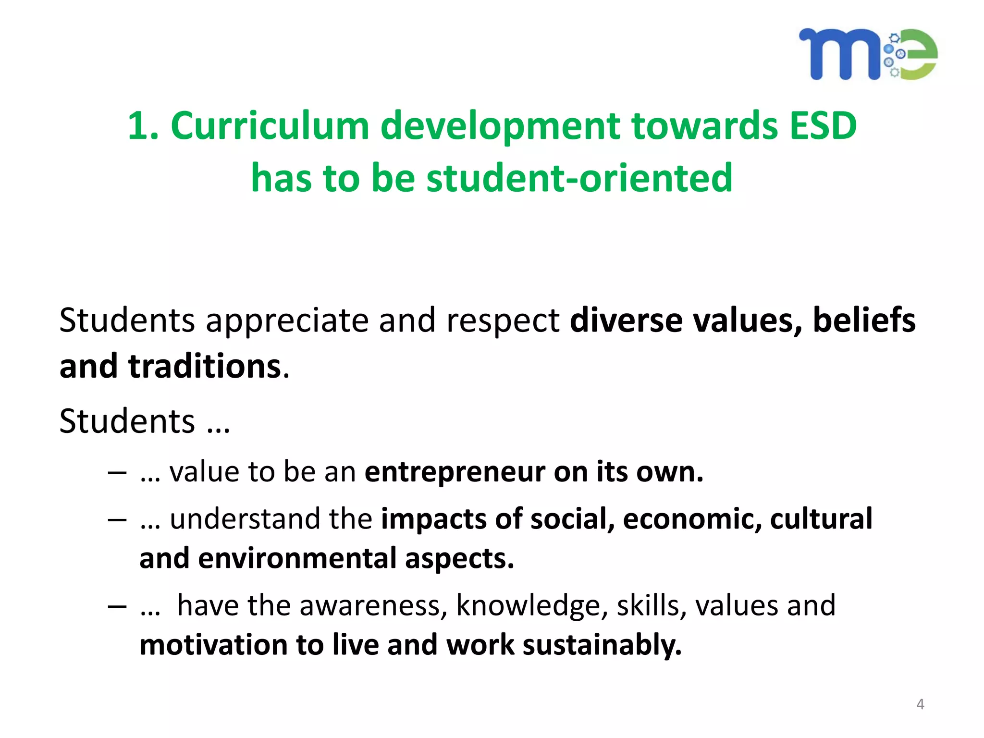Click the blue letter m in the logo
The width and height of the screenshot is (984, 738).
[838, 54]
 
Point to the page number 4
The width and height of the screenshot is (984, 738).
[920, 704]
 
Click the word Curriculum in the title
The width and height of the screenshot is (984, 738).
[270, 126]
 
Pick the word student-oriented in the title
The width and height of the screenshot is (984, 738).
[579, 178]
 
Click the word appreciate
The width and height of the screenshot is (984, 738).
[286, 321]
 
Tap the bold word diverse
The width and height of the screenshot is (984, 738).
[626, 320]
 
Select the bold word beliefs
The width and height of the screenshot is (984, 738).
[864, 320]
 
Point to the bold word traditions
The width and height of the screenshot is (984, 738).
[205, 367]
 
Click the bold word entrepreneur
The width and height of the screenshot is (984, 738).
[454, 472]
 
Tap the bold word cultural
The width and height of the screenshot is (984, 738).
[821, 519]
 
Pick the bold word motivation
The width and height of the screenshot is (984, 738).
[212, 645]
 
